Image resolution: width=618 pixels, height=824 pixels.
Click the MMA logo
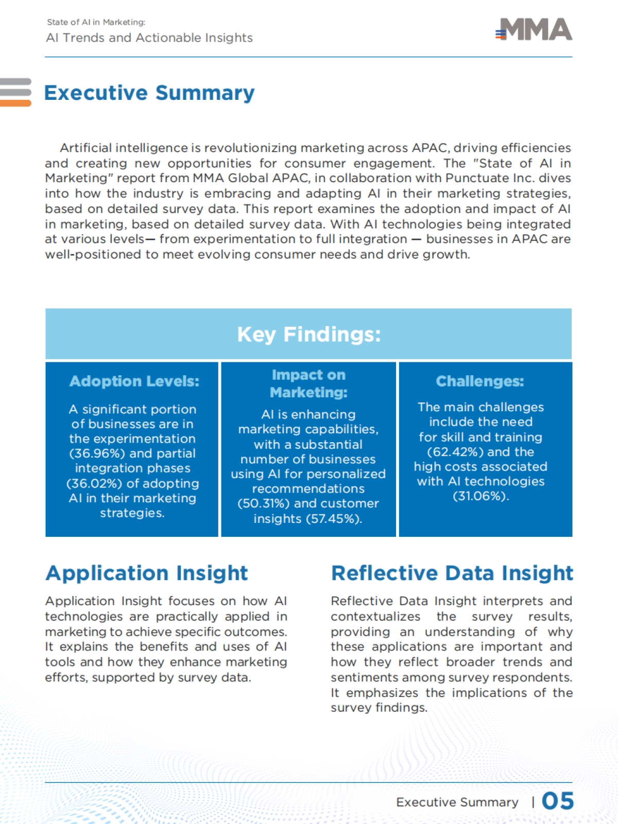pyautogui.click(x=535, y=30)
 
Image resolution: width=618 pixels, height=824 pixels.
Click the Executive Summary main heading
pyautogui.click(x=149, y=93)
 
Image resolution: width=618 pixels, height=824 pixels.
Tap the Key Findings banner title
pyautogui.click(x=308, y=335)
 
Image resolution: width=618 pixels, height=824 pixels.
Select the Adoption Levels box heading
pyautogui.click(x=134, y=381)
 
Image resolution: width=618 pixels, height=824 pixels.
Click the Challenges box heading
pyautogui.click(x=480, y=381)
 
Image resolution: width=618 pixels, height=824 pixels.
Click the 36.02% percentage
pyautogui.click(x=94, y=484)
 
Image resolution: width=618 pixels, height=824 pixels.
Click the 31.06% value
pyautogui.click(x=479, y=497)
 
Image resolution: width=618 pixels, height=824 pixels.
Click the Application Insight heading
pyautogui.click(x=147, y=573)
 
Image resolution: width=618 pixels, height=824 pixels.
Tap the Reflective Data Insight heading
pyautogui.click(x=452, y=573)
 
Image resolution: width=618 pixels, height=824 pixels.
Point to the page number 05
pyautogui.click(x=558, y=801)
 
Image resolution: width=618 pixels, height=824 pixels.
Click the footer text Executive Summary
pyautogui.click(x=457, y=802)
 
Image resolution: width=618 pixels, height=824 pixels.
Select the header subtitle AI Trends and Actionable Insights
pyautogui.click(x=149, y=38)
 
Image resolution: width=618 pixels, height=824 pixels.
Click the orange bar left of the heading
pyautogui.click(x=15, y=103)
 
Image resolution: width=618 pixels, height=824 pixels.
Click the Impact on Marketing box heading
pyautogui.click(x=308, y=384)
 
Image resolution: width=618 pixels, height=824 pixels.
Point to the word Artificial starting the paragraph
pyautogui.click(x=85, y=148)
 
